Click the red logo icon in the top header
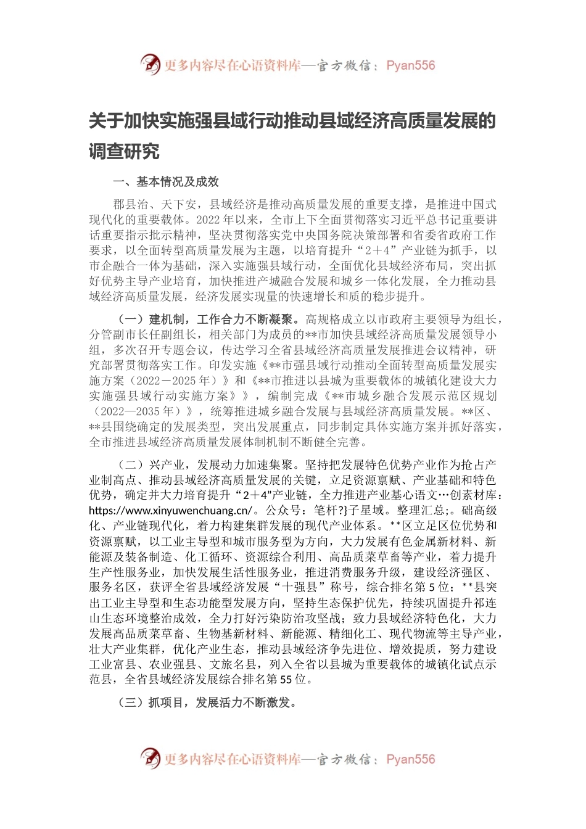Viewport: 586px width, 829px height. [151, 64]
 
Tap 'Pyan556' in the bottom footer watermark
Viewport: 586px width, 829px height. [410, 759]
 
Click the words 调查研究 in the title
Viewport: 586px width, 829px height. [124, 151]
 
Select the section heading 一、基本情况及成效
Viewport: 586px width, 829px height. [166, 181]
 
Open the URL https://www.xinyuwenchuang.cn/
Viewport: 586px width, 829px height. [170, 511]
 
